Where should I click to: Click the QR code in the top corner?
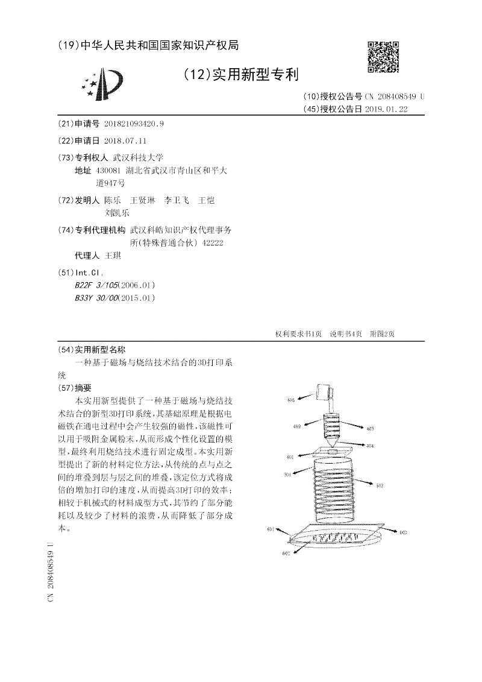383,57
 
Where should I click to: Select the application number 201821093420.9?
134,124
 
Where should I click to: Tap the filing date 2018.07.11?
125,141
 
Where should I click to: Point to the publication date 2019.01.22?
386,109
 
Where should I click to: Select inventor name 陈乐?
112,200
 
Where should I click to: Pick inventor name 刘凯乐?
117,212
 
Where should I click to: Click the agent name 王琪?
113,256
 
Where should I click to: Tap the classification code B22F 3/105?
97,285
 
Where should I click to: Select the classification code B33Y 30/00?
97,298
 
